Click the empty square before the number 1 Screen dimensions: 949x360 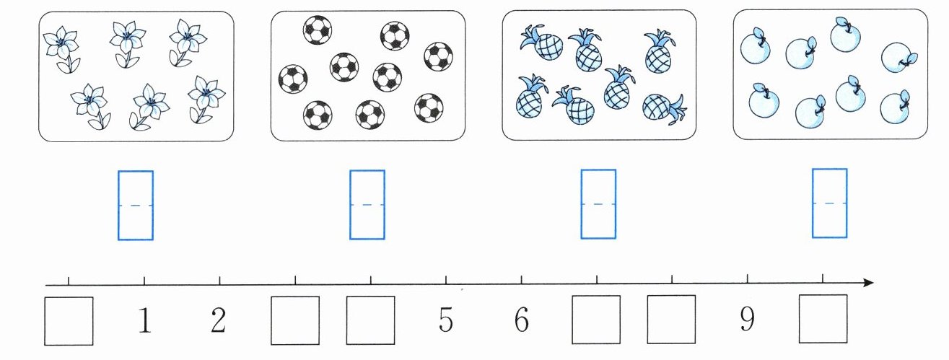point(69,320)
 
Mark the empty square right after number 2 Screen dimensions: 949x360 point(295,320)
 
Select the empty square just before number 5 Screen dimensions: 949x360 point(370,320)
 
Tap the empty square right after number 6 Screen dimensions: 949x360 point(596,320)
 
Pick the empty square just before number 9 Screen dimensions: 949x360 point(671,320)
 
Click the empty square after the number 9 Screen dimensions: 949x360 point(823,319)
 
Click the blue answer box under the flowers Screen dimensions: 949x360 point(136,205)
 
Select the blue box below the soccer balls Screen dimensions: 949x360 point(367,205)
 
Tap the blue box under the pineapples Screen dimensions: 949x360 point(599,204)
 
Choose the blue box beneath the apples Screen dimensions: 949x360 point(830,203)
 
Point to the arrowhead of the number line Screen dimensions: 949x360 point(869,282)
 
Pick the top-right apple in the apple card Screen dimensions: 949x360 point(897,58)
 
